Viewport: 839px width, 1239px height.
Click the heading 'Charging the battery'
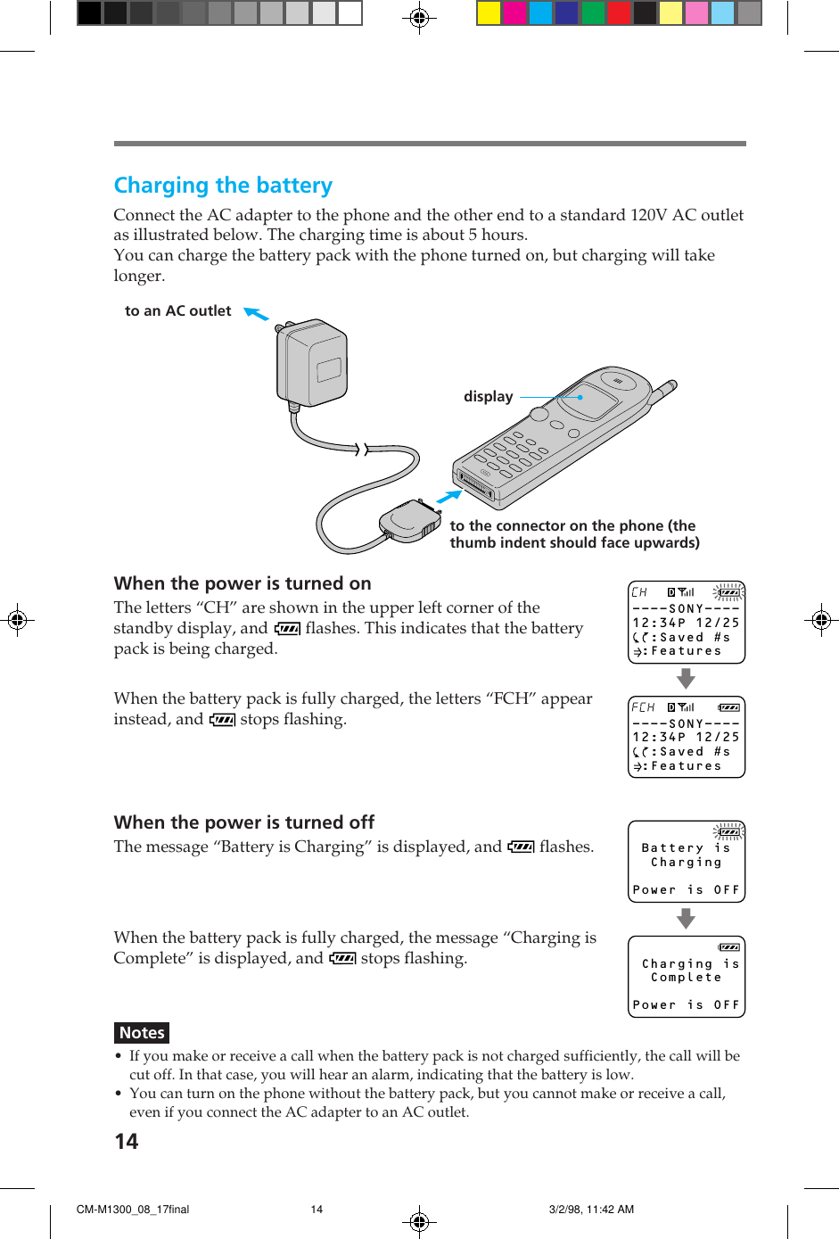(223, 186)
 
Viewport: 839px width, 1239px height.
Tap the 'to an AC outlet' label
(177, 311)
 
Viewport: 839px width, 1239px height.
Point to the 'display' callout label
(488, 397)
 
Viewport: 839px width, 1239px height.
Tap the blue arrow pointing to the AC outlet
(256, 313)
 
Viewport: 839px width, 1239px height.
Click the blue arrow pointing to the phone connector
(449, 496)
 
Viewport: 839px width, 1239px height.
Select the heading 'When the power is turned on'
(243, 583)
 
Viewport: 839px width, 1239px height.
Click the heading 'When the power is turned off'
(244, 822)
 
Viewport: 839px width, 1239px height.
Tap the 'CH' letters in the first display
(639, 592)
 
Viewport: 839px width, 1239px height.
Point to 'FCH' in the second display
(643, 707)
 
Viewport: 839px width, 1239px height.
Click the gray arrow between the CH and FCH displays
(686, 680)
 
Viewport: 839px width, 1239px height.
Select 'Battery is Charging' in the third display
(686, 855)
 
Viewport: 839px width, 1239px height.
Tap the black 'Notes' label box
(142, 1033)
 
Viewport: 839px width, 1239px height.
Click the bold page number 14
(127, 1142)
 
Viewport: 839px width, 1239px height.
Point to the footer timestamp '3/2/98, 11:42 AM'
(591, 1210)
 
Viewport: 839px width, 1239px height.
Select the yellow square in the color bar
(489, 13)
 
